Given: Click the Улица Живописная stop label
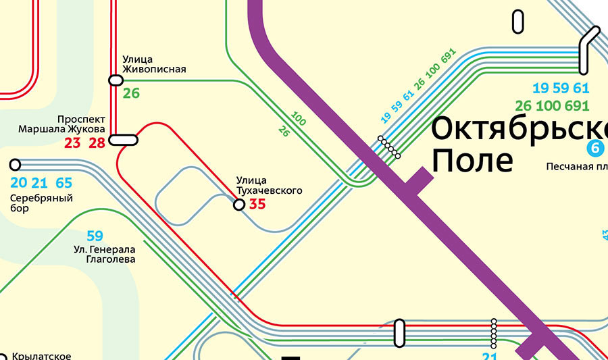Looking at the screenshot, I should tap(153, 64).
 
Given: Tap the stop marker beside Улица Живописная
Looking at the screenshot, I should tap(116, 80).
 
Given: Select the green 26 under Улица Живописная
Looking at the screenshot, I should tap(131, 94).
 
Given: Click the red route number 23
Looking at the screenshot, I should tap(73, 143).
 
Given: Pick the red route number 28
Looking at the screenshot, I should tap(97, 143).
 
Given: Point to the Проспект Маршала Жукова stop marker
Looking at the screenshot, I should tap(124, 140).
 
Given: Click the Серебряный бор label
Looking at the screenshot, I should tap(41, 203).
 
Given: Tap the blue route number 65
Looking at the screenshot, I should tap(64, 183).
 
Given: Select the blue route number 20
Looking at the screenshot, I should tap(19, 183).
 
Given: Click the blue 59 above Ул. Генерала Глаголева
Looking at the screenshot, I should tap(95, 236).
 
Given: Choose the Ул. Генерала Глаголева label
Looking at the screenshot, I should tap(105, 254).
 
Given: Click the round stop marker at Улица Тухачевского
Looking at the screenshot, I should tap(238, 205).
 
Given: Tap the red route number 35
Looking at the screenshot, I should tap(257, 204).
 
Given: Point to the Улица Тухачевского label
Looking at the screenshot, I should tap(269, 186).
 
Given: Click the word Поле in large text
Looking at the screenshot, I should tap(472, 161).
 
